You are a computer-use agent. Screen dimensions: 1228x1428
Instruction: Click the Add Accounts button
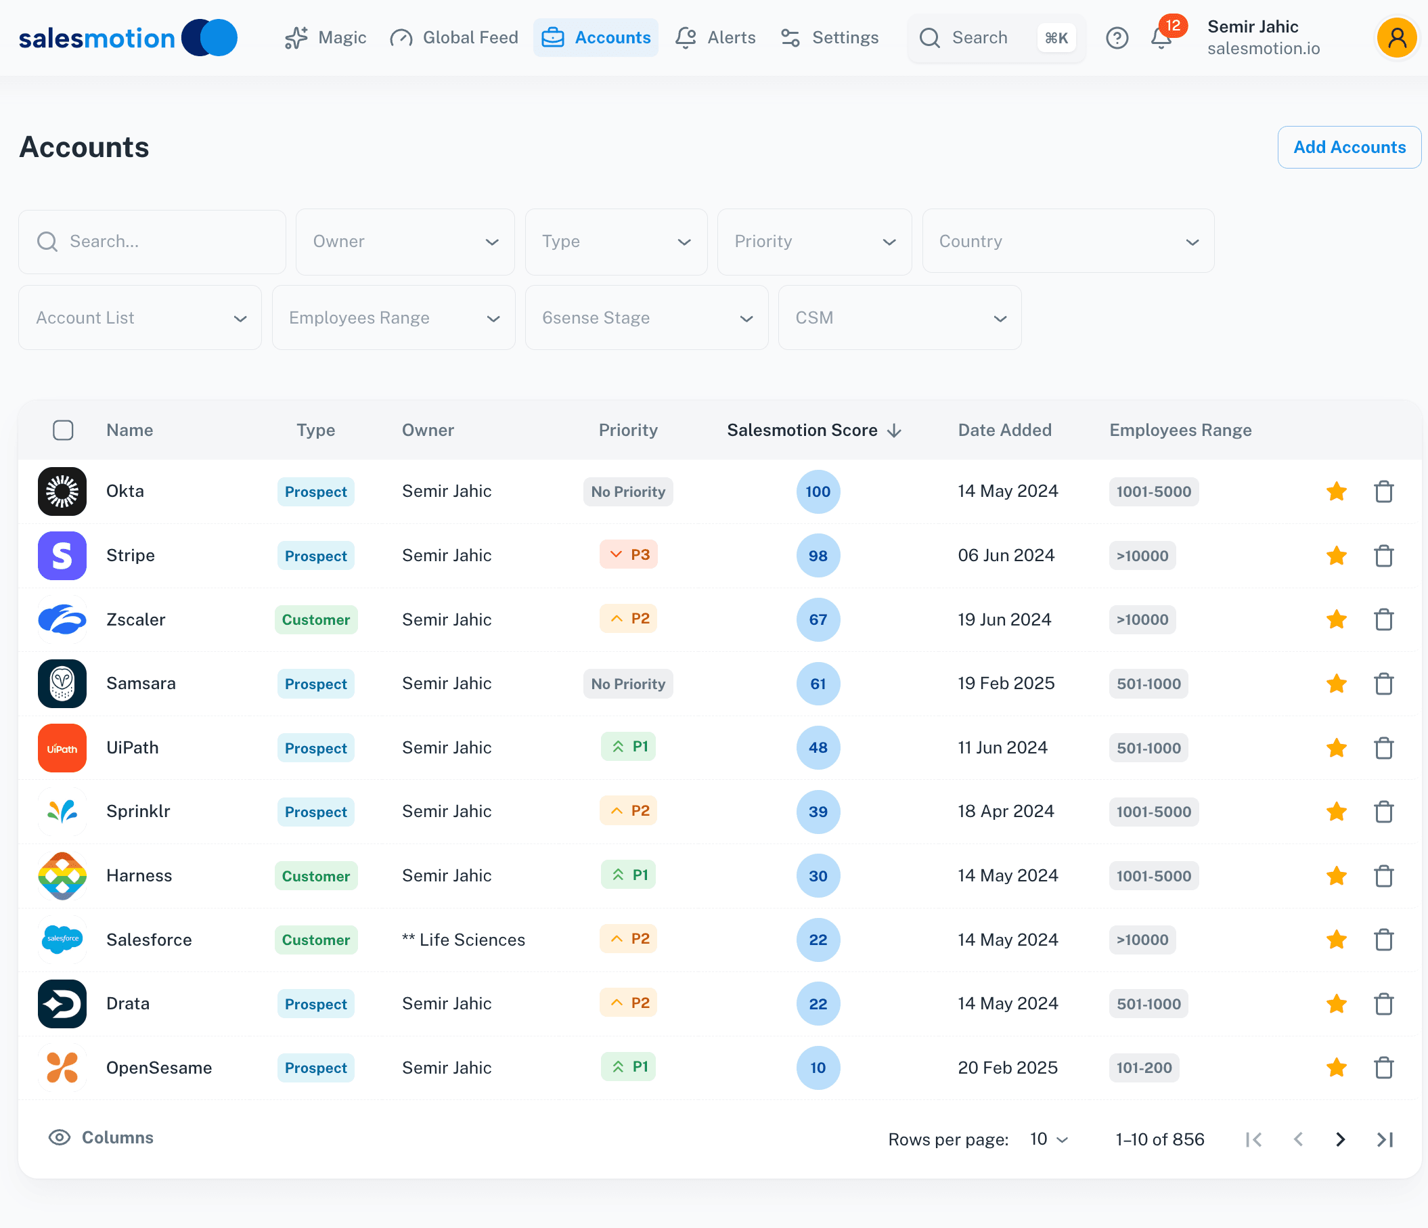(1349, 147)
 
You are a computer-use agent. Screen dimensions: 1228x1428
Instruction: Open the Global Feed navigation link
(454, 38)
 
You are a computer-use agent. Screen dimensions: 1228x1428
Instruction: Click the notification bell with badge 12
(1161, 38)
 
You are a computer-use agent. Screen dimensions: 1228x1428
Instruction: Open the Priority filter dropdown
(814, 241)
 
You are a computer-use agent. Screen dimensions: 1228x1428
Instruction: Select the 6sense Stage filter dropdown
(646, 318)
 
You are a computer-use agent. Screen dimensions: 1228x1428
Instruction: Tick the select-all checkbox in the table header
(64, 431)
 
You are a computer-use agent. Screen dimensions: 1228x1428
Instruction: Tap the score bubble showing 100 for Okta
(818, 491)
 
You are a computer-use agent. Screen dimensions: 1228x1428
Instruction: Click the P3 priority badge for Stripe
(629, 555)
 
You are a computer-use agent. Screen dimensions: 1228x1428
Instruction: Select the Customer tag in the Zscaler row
(315, 620)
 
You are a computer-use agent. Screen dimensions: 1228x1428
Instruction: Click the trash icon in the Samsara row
(1383, 684)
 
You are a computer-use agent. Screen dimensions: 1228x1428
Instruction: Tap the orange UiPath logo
(62, 748)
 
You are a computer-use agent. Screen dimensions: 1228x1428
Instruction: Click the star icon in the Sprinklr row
(1337, 812)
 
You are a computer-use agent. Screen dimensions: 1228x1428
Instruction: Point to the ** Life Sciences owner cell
(463, 940)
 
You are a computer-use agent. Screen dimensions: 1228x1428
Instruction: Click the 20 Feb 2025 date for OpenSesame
(1007, 1068)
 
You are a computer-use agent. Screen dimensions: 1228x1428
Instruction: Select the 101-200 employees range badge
(1143, 1068)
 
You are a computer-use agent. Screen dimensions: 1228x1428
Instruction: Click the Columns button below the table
(102, 1138)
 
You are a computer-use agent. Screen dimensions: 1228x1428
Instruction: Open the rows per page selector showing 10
(1048, 1140)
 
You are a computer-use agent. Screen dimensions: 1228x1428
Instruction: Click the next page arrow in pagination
(1340, 1140)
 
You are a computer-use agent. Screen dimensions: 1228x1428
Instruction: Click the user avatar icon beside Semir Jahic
(1396, 38)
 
